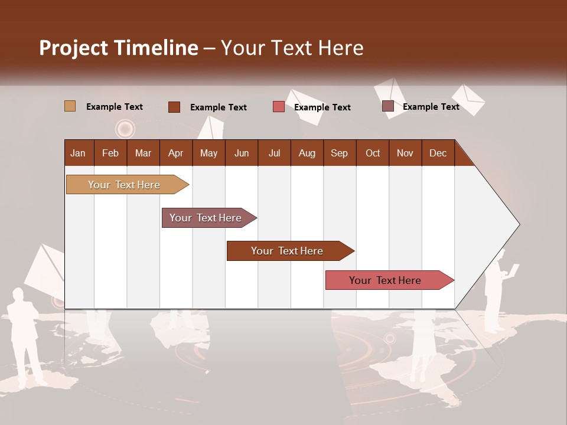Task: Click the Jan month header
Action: (78, 153)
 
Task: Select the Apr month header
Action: (176, 153)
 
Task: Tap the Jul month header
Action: (274, 153)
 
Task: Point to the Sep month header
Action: (339, 153)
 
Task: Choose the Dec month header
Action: (438, 153)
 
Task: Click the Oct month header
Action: (373, 153)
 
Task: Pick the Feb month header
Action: (110, 153)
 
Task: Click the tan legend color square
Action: (70, 106)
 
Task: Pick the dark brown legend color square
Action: (174, 107)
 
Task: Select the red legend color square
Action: (278, 107)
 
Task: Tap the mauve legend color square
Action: (387, 106)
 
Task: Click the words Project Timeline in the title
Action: (118, 48)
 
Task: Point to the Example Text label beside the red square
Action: (322, 107)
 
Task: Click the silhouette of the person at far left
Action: (25, 336)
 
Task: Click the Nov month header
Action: (405, 153)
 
